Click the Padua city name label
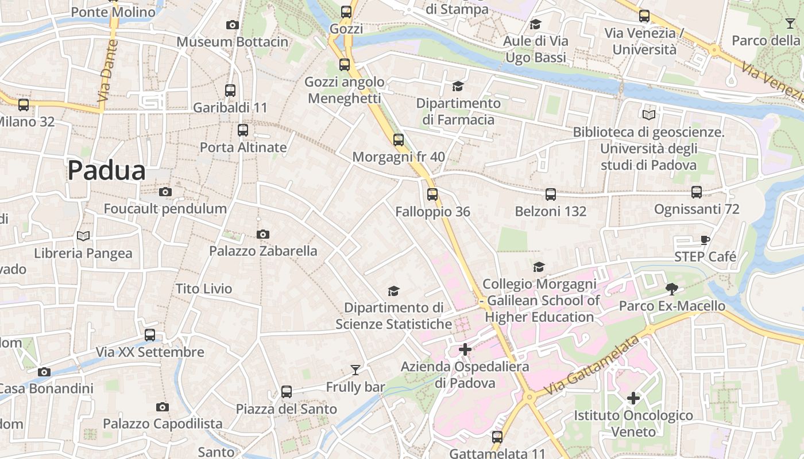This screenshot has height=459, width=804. point(107,171)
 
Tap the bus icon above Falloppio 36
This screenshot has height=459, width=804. point(432,195)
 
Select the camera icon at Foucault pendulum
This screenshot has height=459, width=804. point(165,192)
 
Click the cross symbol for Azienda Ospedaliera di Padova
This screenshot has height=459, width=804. point(465,349)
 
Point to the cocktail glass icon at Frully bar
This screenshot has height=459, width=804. point(355,370)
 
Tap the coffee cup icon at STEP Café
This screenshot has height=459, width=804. point(705,240)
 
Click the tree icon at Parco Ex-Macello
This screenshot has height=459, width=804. point(671,289)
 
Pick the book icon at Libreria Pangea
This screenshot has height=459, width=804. point(83,236)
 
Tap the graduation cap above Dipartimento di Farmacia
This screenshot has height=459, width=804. point(458,87)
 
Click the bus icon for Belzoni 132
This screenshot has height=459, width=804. point(551,195)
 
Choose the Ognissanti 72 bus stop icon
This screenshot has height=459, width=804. point(697,192)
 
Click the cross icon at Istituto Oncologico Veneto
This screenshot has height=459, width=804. point(633,398)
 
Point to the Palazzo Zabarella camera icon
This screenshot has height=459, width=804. point(263,234)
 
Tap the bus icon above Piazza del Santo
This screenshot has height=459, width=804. point(287,392)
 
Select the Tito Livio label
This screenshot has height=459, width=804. point(204,289)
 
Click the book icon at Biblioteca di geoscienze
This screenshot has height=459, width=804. point(649,115)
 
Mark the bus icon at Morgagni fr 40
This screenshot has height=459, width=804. point(399,140)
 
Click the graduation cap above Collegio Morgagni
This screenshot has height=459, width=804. point(539,267)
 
